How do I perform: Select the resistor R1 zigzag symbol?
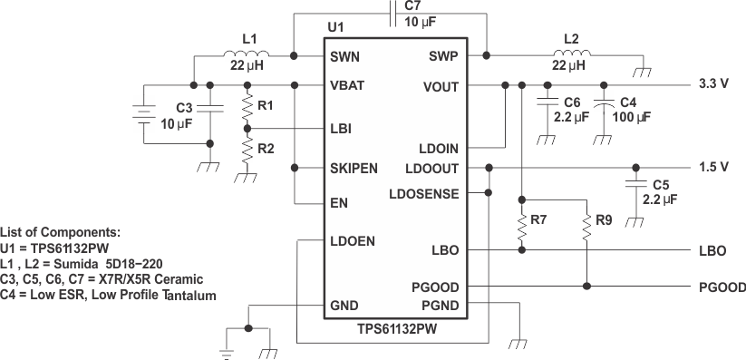point(246,109)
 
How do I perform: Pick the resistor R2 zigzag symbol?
point(246,149)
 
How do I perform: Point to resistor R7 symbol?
point(521,231)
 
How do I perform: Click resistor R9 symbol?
point(587,231)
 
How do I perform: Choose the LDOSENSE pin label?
point(423,193)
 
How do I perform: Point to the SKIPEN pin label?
point(354,169)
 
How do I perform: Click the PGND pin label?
point(439,306)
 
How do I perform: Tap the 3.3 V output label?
point(712,84)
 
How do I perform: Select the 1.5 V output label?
point(712,168)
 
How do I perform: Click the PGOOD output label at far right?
point(722,287)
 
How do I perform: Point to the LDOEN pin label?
point(353,241)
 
